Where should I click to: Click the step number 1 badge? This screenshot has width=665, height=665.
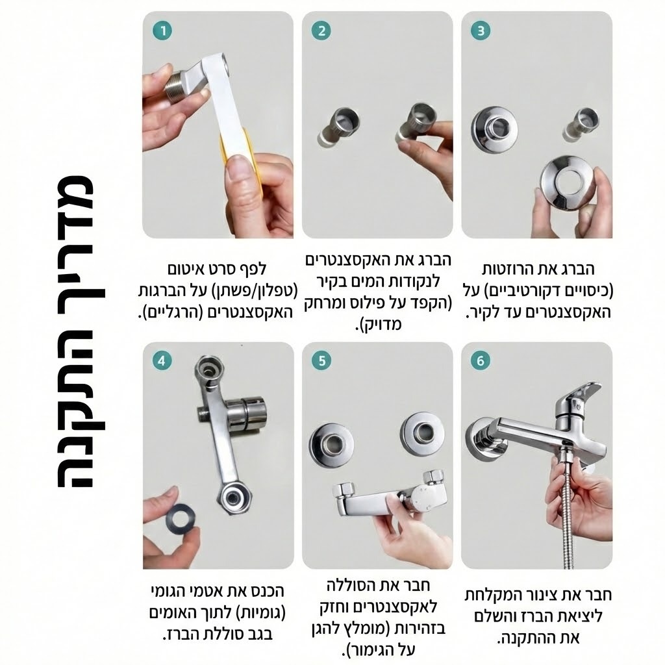point(163,31)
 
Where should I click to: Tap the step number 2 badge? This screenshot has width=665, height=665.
point(321,31)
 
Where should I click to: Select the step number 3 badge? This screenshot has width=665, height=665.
point(481,31)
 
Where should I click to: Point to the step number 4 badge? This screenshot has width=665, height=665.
point(162,361)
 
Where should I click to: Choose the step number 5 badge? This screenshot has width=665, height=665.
point(321,361)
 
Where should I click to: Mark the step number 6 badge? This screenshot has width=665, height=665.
point(481,361)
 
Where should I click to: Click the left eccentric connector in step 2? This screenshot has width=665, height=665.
point(338,127)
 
